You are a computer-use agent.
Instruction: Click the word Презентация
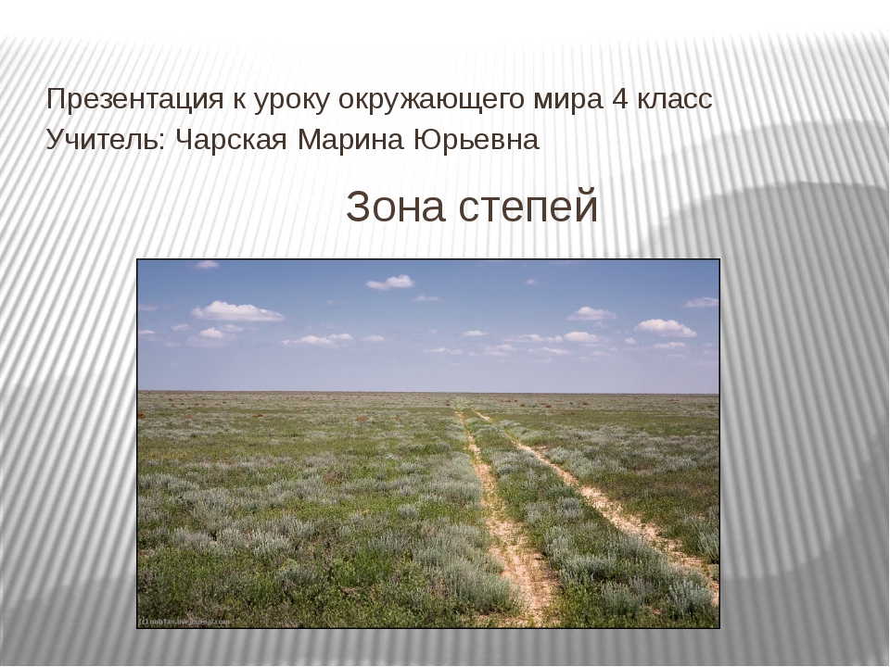(x=135, y=100)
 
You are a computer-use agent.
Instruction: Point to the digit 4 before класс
(x=620, y=100)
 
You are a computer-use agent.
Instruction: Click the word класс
(x=674, y=101)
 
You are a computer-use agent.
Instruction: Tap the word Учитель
(x=105, y=140)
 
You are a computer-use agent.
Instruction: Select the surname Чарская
(x=232, y=140)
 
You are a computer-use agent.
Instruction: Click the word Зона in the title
(x=395, y=207)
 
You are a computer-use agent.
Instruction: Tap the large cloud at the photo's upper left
(x=237, y=311)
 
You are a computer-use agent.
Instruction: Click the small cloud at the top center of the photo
(x=390, y=282)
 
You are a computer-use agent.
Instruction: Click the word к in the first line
(x=238, y=101)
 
